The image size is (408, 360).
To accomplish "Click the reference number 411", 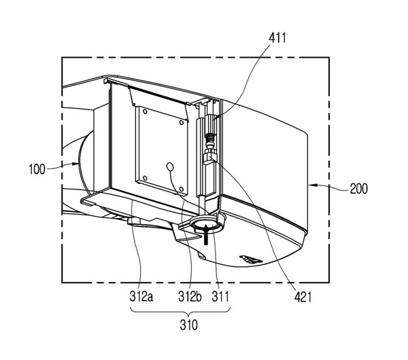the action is (277, 38).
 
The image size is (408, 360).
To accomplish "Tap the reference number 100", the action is (37, 169).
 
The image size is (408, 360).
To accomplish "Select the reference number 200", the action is (358, 189).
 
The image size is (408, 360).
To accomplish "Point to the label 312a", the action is (141, 296).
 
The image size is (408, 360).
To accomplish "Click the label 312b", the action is (190, 296).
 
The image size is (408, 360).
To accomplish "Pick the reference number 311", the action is (220, 296).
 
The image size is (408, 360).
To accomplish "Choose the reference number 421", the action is (303, 297).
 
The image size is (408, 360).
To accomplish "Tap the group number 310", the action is (188, 325).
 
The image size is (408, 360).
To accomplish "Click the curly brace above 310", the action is (180, 311).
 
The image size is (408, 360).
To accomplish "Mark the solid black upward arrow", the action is (206, 234).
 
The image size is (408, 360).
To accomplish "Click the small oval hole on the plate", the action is (170, 166).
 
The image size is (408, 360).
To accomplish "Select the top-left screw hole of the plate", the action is (145, 111).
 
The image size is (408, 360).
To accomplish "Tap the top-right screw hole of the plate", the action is (182, 122).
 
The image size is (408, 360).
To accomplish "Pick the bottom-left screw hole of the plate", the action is (145, 178).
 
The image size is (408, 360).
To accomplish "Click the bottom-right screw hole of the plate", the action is (182, 189).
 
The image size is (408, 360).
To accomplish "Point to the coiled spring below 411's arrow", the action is (209, 140).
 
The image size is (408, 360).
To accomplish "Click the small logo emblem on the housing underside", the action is (251, 259).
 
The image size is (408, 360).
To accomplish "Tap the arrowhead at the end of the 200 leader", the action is (312, 185).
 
